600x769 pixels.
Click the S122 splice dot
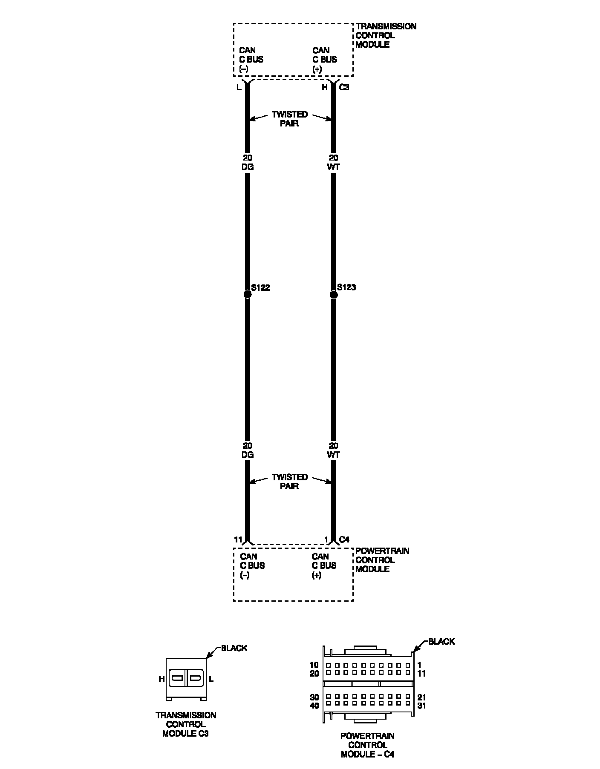coord(247,294)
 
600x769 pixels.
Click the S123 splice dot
coord(334,294)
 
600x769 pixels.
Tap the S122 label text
coord(260,288)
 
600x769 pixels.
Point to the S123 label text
coord(346,287)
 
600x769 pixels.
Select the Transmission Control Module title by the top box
coord(386,35)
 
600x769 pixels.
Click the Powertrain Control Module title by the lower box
coord(382,560)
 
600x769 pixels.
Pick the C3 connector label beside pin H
coord(344,87)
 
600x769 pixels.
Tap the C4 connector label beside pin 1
coord(344,540)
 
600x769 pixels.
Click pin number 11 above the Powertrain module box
coord(238,540)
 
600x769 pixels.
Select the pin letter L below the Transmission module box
coord(239,88)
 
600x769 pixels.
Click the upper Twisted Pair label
coord(290,119)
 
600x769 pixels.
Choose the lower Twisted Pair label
coord(290,482)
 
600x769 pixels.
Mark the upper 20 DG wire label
coord(248,163)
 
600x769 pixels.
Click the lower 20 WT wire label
coord(334,450)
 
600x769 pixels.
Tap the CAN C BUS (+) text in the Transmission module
coord(325,60)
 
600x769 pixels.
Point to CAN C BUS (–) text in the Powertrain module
coord(252,565)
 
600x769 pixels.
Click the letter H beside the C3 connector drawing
coord(162,680)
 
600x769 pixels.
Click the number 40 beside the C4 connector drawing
coord(314,706)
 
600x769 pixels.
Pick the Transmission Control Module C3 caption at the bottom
coord(186,724)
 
